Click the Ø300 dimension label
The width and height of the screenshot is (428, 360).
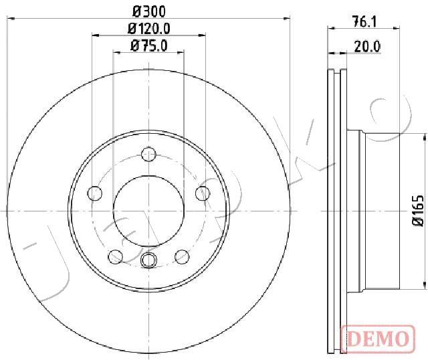[149, 11]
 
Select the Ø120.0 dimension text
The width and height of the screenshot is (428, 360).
[149, 28]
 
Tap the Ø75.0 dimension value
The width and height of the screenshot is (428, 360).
[149, 46]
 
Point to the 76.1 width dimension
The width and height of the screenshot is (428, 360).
[364, 22]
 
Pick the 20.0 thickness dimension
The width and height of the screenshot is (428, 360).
[367, 47]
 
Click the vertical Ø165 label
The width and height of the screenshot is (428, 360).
[419, 211]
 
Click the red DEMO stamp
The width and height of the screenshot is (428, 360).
[379, 338]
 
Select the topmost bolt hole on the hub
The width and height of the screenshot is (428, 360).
[148, 154]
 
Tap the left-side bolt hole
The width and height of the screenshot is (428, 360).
[95, 193]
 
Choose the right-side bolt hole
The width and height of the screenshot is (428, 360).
[203, 193]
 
